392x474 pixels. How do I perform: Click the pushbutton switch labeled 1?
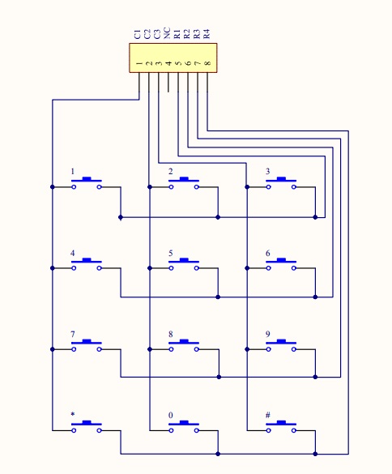pyautogui.click(x=87, y=183)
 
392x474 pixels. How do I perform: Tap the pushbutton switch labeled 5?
pyautogui.click(x=184, y=264)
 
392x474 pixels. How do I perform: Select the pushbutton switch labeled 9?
pyautogui.click(x=281, y=345)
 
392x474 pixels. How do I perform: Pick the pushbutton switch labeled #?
pyautogui.click(x=281, y=426)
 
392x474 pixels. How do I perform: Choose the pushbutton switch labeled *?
pyautogui.click(x=87, y=426)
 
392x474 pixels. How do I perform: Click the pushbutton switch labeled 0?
pyautogui.click(x=184, y=426)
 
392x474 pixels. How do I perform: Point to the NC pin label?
pyautogui.click(x=167, y=33)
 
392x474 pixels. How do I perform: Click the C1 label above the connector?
pyautogui.click(x=138, y=34)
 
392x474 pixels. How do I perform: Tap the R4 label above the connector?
pyautogui.click(x=207, y=34)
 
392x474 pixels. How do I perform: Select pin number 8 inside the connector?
pyautogui.click(x=207, y=63)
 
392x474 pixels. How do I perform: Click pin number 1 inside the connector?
pyautogui.click(x=139, y=63)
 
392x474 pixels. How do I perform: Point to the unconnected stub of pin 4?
pyautogui.click(x=168, y=82)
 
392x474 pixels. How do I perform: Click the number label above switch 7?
pyautogui.click(x=73, y=334)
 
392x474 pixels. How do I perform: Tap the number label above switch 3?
pyautogui.click(x=267, y=172)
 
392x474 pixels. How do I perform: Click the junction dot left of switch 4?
pyautogui.click(x=53, y=268)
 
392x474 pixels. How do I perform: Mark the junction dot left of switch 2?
pyautogui.click(x=150, y=187)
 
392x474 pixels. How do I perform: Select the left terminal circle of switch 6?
pyautogui.click(x=269, y=268)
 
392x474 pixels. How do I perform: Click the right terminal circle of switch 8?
pyautogui.click(x=197, y=349)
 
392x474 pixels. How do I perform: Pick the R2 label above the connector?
pyautogui.click(x=187, y=34)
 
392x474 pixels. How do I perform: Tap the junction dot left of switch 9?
pyautogui.click(x=247, y=349)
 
